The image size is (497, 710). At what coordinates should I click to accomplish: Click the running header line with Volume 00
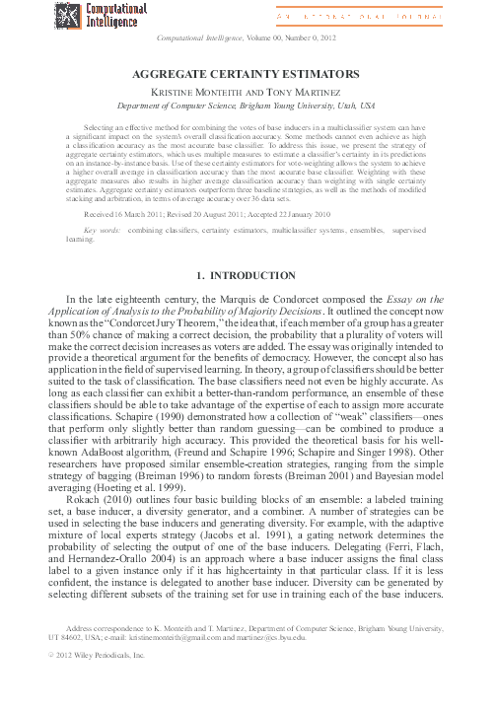pyautogui.click(x=248, y=38)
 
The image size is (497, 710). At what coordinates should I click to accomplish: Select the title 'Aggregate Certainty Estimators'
pyautogui.click(x=248, y=73)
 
